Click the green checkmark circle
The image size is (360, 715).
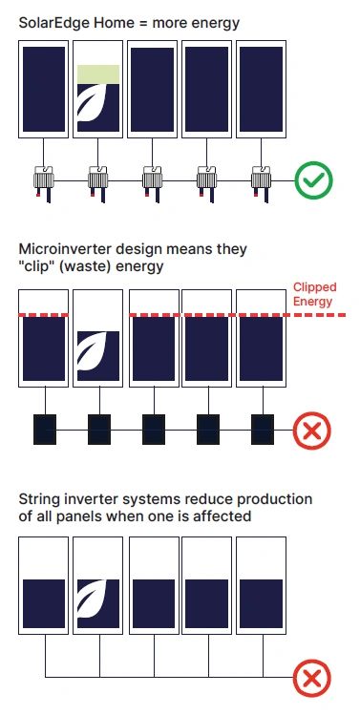[313, 180]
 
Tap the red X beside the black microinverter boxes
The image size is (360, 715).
[312, 431]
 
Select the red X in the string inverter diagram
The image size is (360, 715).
[312, 678]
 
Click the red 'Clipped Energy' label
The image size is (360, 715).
[315, 294]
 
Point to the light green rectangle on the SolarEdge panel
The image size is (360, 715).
[98, 74]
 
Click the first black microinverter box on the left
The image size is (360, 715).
[45, 430]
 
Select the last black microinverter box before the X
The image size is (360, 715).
[263, 430]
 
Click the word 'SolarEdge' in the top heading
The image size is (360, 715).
[53, 23]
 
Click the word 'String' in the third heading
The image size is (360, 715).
[37, 499]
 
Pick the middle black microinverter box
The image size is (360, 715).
[154, 430]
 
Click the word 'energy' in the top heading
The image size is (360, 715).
[216, 24]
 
